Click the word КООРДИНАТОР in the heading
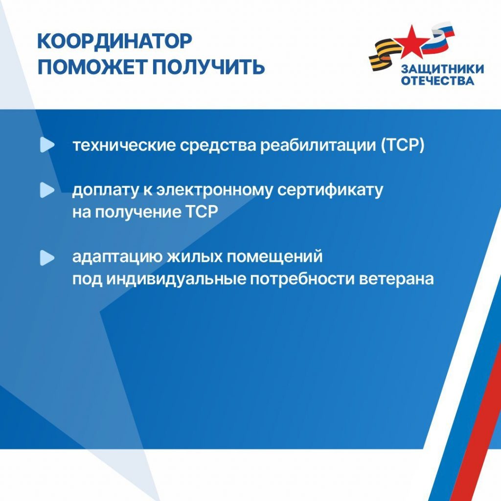tap(114, 41)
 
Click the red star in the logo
tap(411, 42)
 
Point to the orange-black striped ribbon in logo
tap(385, 55)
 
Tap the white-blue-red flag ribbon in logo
tap(438, 37)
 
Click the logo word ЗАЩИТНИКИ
tap(442, 69)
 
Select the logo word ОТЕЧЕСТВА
tap(437, 81)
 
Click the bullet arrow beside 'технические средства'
tap(47, 145)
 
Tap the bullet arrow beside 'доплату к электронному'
tap(47, 190)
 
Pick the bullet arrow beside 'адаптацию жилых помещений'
tap(47, 257)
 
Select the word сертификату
tap(330, 190)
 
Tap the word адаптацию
tap(117, 257)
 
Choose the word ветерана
tap(396, 279)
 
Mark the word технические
tap(124, 145)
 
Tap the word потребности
tap(302, 279)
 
